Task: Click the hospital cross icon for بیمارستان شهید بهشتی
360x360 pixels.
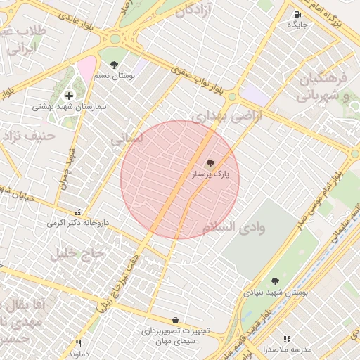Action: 69,96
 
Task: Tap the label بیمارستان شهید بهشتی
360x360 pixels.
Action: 69,108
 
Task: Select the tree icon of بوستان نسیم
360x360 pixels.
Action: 115,65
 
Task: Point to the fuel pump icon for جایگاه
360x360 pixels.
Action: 298,14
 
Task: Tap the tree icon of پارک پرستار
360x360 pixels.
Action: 211,162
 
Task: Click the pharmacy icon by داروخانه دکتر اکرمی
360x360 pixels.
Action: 78,212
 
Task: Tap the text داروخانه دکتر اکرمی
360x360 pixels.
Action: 79,223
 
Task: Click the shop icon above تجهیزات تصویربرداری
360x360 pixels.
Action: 175,320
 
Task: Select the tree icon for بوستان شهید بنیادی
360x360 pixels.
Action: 275,281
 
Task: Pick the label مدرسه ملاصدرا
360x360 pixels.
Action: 287,349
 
